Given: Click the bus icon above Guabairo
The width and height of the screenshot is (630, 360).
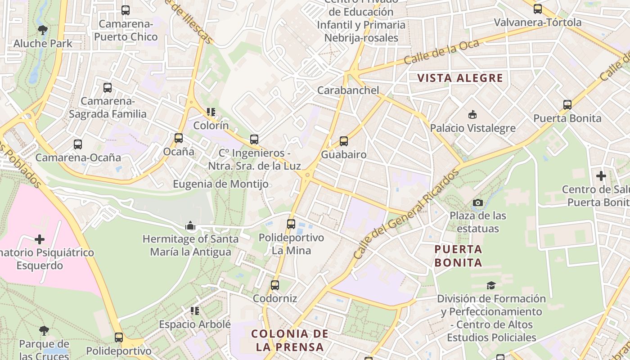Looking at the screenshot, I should point(344,141).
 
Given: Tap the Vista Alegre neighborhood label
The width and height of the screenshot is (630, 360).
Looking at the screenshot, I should point(460,78).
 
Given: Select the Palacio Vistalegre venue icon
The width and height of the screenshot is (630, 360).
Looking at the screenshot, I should point(472,115).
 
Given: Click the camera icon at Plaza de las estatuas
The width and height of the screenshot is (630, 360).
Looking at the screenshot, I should point(478,203).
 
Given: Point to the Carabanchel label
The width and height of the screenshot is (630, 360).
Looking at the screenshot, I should point(348,90).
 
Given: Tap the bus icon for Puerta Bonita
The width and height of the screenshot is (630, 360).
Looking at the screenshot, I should point(567,105).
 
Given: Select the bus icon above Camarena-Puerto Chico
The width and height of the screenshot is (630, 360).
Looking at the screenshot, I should point(126,10).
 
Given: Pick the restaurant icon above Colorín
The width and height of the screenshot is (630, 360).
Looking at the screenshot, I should point(211,112).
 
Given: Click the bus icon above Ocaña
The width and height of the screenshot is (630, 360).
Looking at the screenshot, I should point(179,138).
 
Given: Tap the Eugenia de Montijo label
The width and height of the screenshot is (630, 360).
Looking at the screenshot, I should point(221,184).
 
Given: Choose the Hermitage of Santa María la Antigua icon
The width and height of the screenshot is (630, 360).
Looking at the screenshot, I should point(190,225).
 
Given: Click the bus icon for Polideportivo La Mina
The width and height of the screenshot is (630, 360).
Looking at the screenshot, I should point(291,224).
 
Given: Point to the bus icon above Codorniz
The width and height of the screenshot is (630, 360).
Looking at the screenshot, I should point(275,285).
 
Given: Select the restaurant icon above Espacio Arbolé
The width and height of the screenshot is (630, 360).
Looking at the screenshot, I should point(195,310).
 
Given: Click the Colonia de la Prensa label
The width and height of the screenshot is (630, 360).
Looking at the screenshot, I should point(290,340).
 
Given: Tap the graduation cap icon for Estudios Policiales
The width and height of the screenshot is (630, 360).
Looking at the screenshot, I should point(491,285).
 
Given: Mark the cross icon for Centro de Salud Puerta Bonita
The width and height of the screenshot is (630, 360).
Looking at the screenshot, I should point(601,176).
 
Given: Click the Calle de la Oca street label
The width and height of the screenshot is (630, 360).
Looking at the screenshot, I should point(435,53).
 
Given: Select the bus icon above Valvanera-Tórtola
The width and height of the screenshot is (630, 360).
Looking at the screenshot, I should point(538,9).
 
